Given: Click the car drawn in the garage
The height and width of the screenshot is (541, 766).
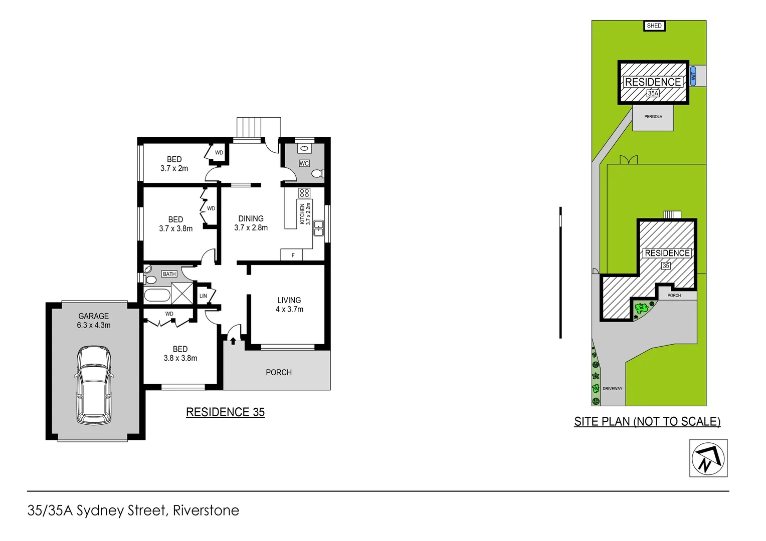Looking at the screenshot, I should click(93, 385).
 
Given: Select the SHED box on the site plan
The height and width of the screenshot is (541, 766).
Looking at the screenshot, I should click(654, 26).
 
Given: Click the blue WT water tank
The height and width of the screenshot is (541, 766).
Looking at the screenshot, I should click(693, 76).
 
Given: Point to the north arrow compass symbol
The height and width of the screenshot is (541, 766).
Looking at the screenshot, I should click(708, 458).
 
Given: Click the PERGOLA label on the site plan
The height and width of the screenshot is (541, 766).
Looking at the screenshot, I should click(653, 117).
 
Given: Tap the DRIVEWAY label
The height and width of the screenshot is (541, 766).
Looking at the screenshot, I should click(612, 389).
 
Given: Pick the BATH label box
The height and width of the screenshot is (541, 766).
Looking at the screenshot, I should click(169, 274).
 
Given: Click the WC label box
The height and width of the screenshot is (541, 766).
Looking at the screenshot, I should click(304, 163).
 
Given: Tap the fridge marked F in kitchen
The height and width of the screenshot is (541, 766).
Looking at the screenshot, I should click(293, 255).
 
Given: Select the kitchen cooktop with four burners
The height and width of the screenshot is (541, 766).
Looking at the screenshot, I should click(304, 193).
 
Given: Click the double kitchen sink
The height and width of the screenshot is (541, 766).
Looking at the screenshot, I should click(319, 228).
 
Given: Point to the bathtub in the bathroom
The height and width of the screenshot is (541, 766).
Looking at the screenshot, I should click(157, 295).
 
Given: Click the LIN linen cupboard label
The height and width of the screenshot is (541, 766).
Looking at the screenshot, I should click(203, 296).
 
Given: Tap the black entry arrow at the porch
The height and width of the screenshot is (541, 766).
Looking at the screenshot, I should click(233, 341).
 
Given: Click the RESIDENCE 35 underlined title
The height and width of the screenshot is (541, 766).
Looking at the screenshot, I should click(225, 412).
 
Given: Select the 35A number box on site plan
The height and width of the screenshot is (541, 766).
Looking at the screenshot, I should click(653, 93).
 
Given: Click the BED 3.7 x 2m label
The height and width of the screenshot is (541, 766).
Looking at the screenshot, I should click(174, 164).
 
